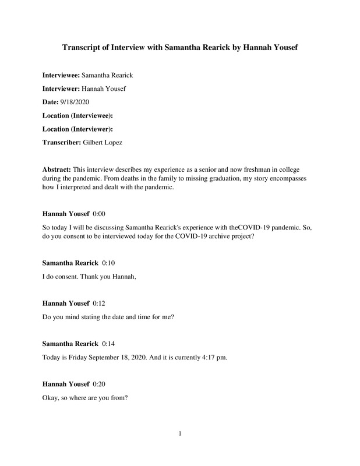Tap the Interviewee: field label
pos(61,75)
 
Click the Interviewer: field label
pos(61,89)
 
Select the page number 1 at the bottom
pos(180,432)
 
